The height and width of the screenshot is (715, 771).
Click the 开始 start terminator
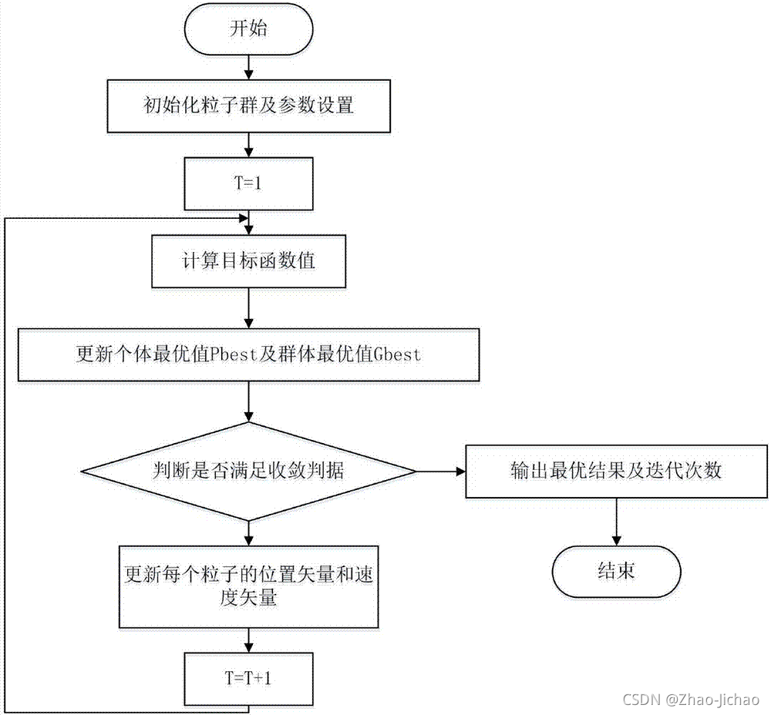point(248,32)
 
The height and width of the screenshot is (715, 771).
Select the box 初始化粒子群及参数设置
point(248,106)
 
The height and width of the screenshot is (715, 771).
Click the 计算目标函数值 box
point(248,260)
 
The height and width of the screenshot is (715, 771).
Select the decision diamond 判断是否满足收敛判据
point(248,472)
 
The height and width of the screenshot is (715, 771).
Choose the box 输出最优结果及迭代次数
point(616,472)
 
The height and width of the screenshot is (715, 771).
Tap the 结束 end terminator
point(616,572)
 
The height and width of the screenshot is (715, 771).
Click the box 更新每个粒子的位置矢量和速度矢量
point(248,586)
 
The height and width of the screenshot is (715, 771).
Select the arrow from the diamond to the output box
point(440,472)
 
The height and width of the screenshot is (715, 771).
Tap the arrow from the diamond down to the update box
point(248,532)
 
